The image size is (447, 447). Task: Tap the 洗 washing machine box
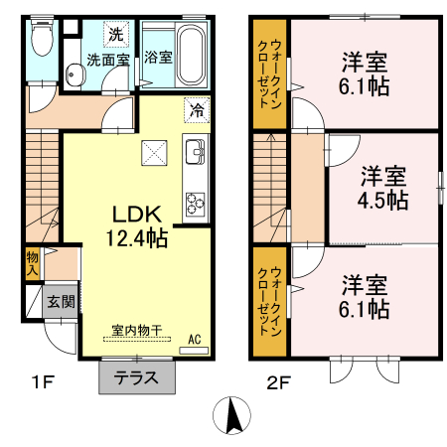click(116, 34)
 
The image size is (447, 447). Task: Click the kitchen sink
click(195, 153)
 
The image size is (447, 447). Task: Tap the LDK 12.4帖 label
click(137, 225)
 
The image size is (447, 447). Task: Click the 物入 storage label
click(32, 262)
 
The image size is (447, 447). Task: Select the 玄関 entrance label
click(61, 301)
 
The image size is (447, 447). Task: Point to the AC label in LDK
click(195, 339)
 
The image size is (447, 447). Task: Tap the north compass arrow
click(232, 414)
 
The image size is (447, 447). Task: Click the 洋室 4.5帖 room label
click(383, 188)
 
